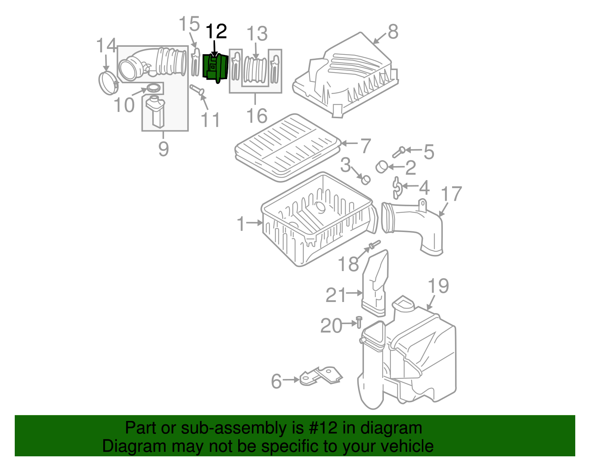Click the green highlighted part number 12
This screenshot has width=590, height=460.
[216, 68]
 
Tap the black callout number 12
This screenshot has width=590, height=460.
[216, 32]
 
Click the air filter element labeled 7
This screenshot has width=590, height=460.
[288, 147]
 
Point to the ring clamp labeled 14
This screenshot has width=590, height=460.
[108, 83]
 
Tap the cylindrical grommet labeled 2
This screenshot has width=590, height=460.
[381, 167]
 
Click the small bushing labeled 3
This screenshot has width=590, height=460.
[365, 179]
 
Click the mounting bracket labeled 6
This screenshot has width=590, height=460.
[320, 376]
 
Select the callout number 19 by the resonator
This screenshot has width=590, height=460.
[438, 286]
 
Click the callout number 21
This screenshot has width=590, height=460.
[336, 295]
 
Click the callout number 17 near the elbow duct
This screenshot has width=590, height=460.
[451, 194]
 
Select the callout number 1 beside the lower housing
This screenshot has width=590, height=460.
[241, 224]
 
